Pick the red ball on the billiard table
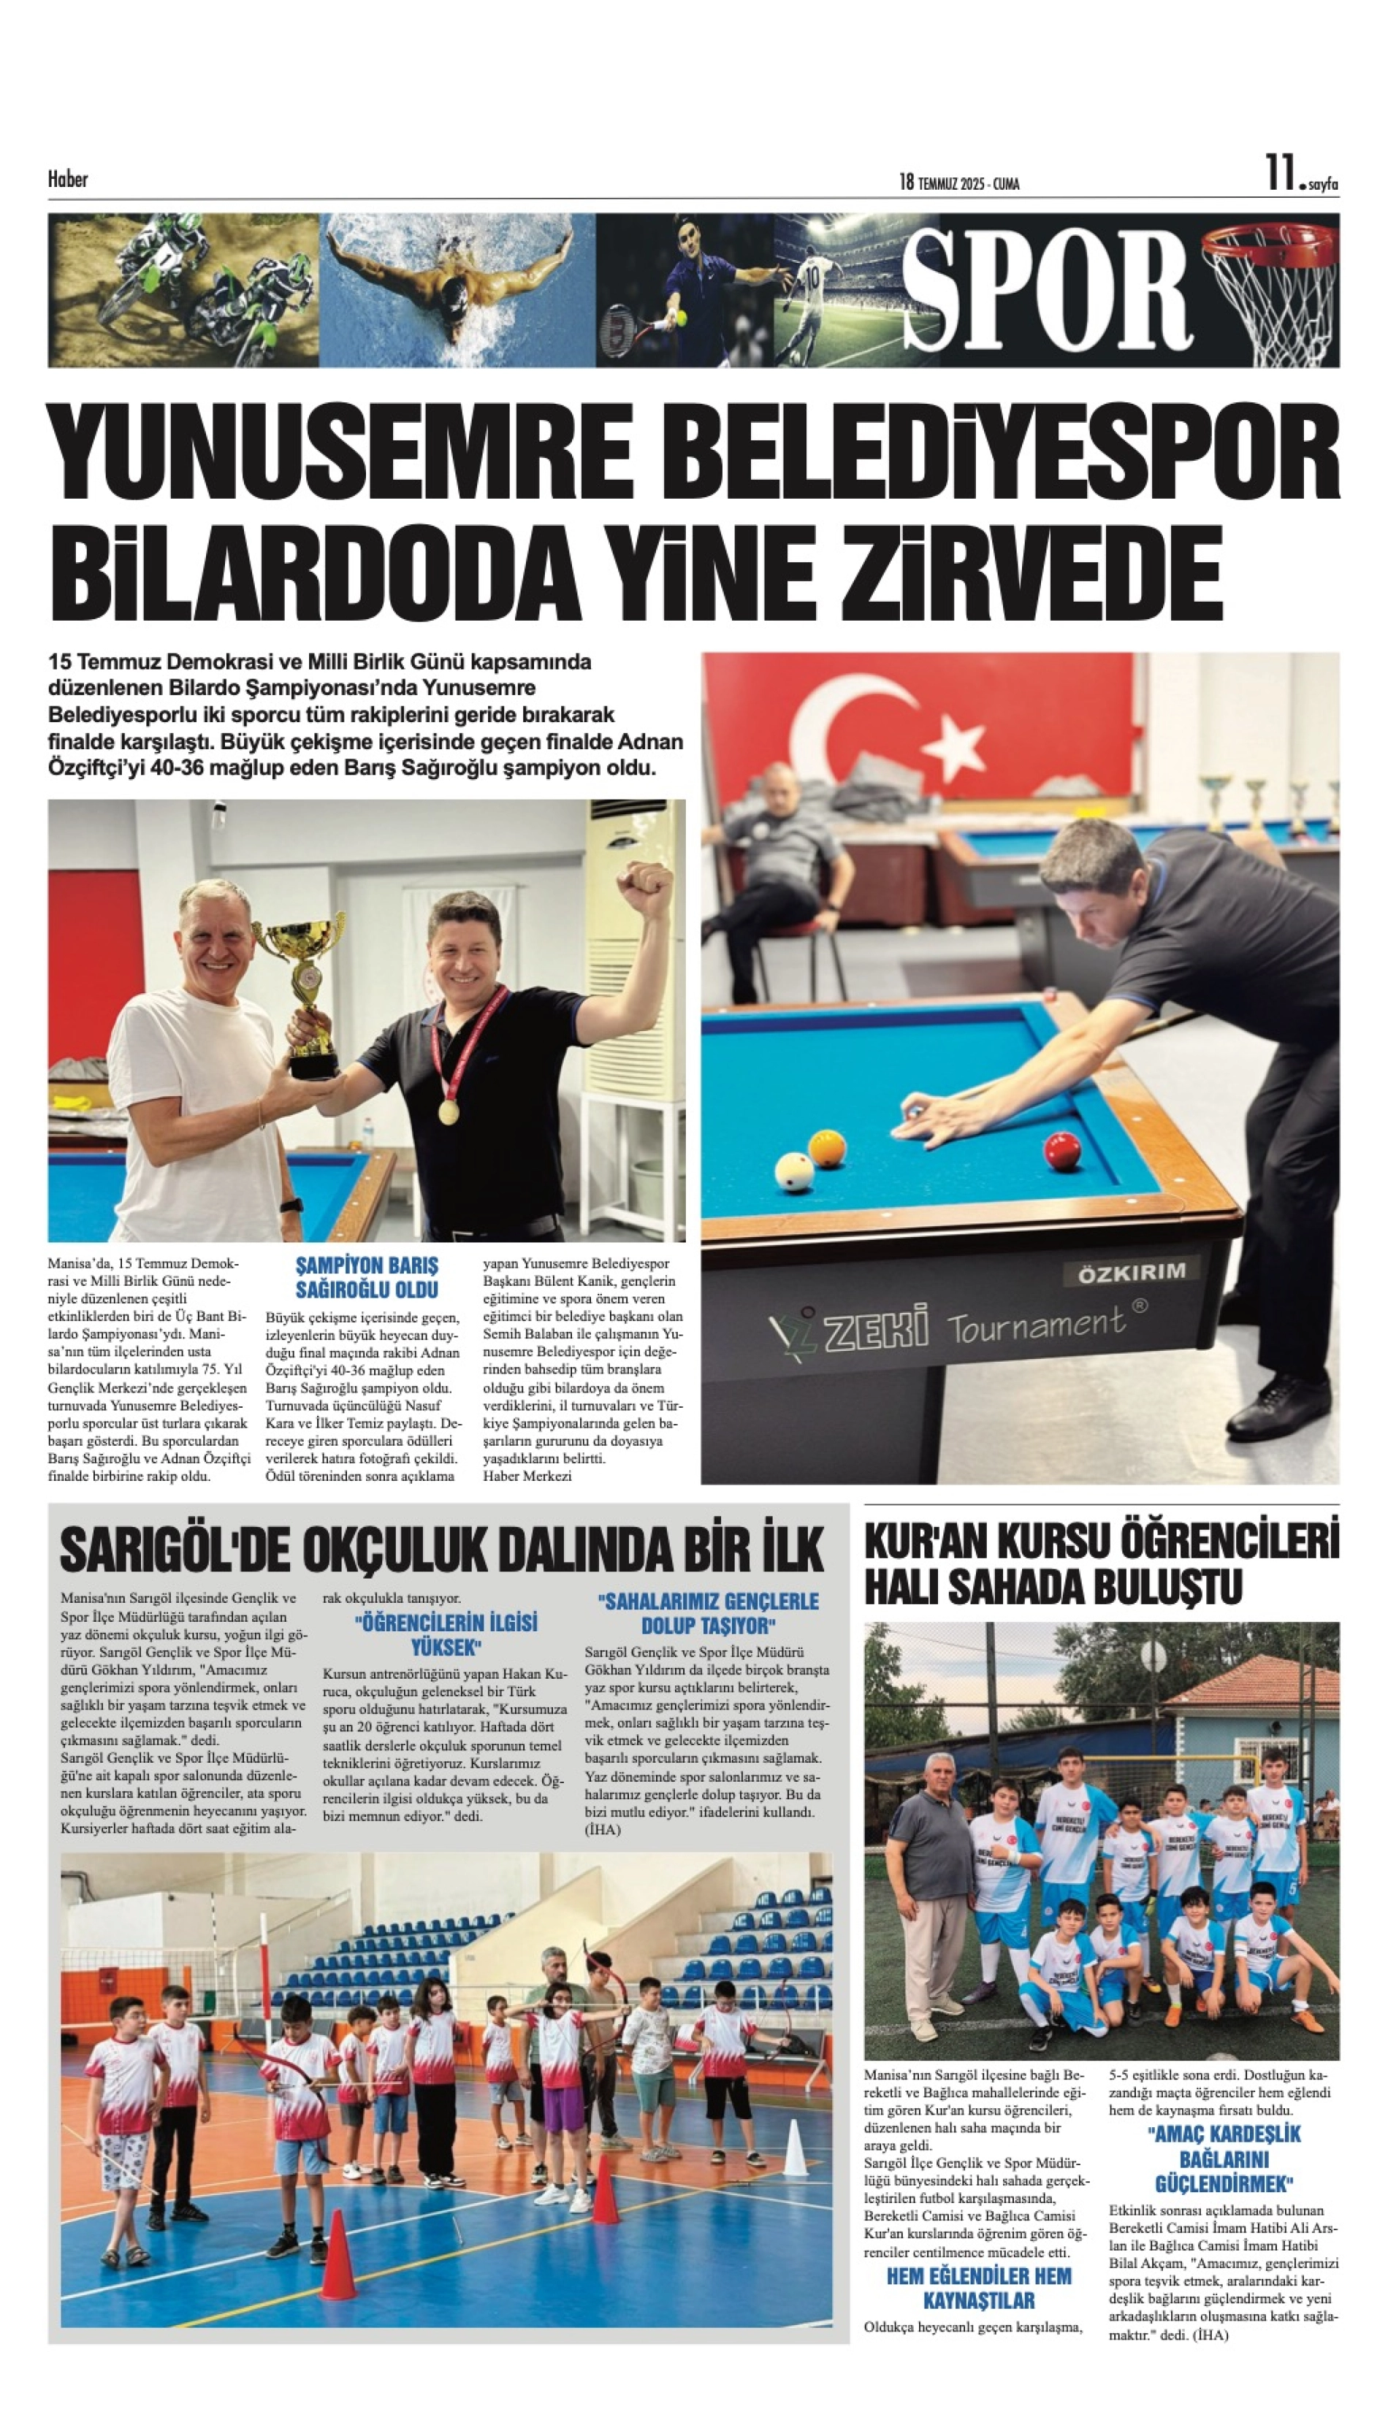pos(1062,1152)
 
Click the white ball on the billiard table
pos(794,1171)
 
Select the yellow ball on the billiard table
pos(825,1149)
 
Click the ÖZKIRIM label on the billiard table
pos(1132,1271)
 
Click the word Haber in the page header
pos(68,179)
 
